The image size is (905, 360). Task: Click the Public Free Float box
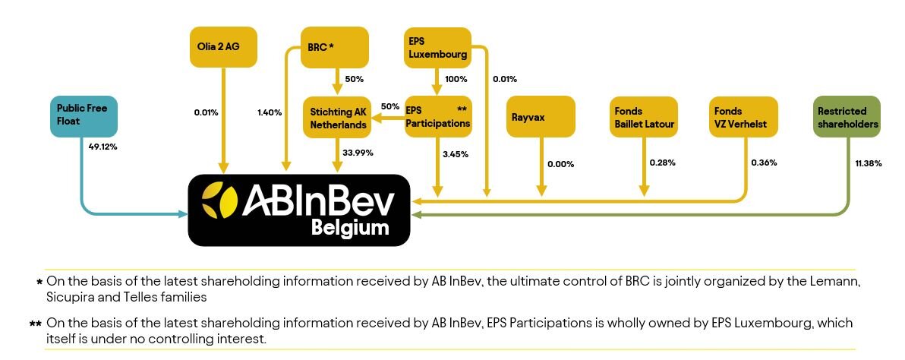point(84,116)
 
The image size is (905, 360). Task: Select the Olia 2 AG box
point(222,46)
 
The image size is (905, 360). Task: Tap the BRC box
point(334,47)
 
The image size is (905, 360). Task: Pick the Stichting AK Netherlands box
point(337,117)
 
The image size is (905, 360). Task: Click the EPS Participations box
point(437,116)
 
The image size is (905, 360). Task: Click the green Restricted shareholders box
point(847,116)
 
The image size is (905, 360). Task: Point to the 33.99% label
point(358,153)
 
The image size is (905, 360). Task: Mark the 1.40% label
point(270,112)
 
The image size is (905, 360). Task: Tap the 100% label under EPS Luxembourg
point(456,79)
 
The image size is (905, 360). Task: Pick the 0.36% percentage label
point(764,163)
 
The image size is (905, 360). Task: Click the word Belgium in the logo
point(350,228)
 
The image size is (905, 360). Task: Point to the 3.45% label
point(455,154)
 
